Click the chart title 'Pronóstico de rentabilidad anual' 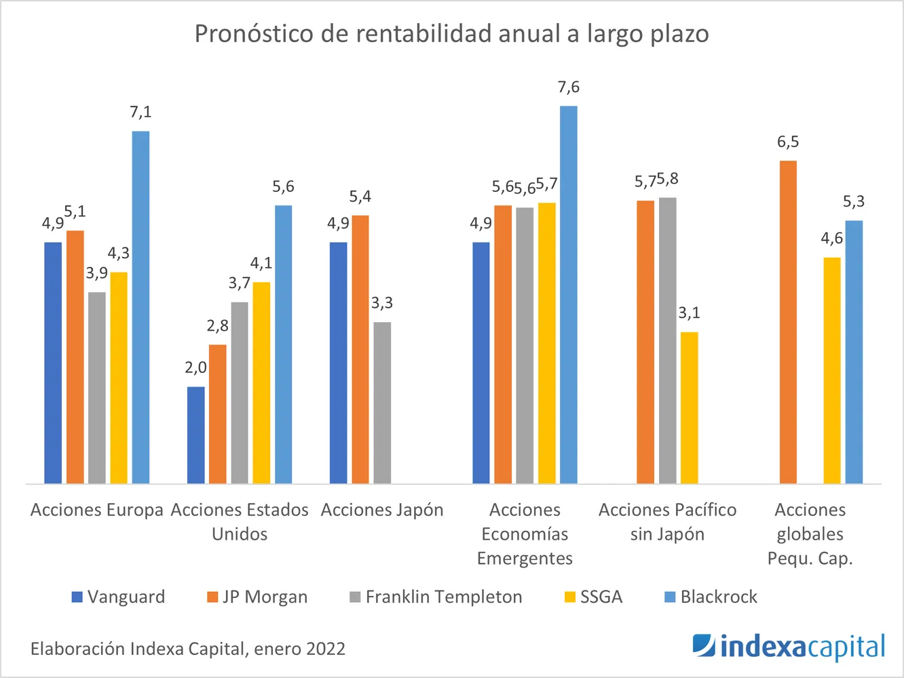click(x=451, y=34)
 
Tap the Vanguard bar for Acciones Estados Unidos click(x=195, y=435)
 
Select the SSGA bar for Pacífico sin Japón click(x=689, y=407)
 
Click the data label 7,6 click(x=569, y=87)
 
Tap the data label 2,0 click(x=195, y=368)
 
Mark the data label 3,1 click(x=689, y=313)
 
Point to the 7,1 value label click(x=140, y=113)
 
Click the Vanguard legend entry click(x=119, y=597)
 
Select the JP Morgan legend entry click(x=257, y=597)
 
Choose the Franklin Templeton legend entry click(x=436, y=597)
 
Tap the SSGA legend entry click(x=593, y=597)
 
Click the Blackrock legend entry click(x=711, y=597)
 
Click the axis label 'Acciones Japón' click(x=382, y=510)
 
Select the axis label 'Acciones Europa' click(x=97, y=510)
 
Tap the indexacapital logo click(x=789, y=647)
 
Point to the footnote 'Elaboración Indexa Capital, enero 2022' click(x=188, y=649)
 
